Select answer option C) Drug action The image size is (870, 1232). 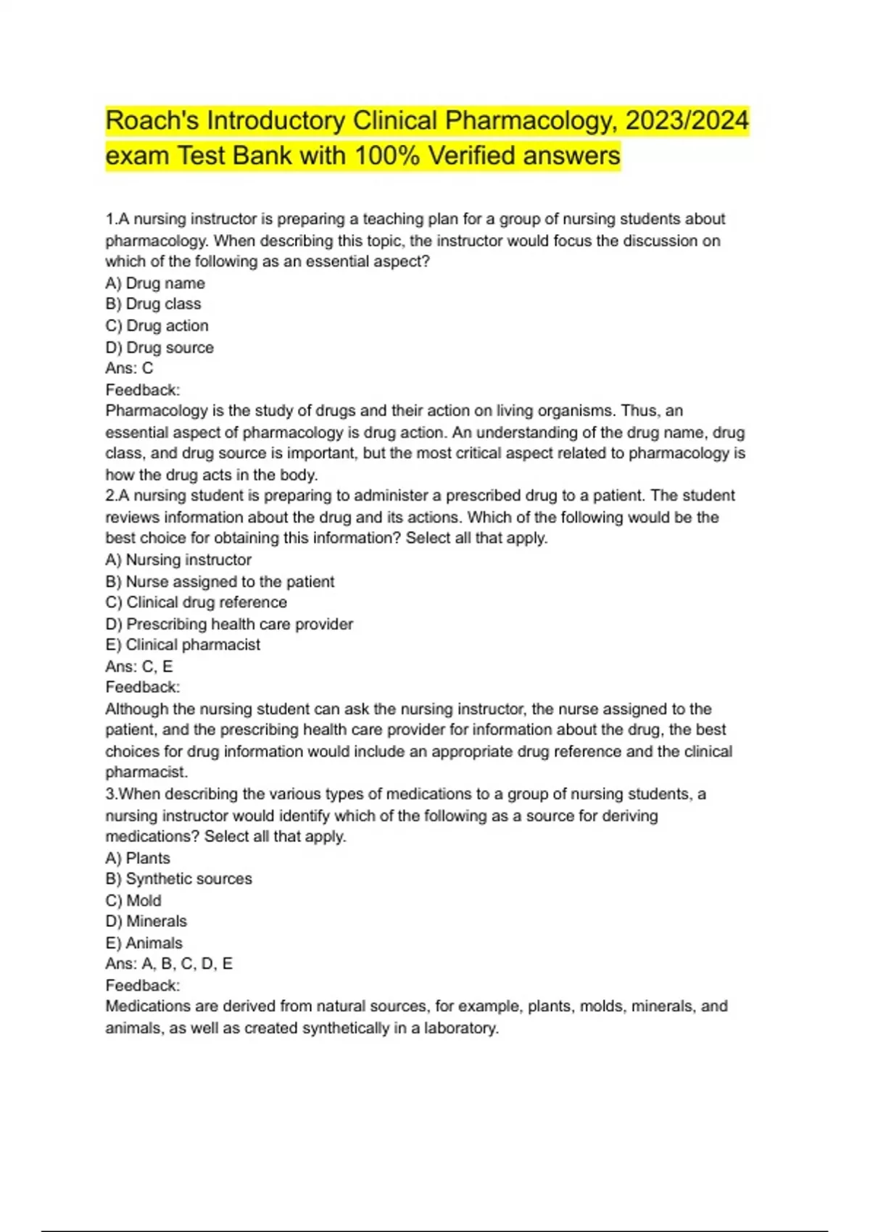coord(157,326)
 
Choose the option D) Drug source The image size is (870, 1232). coord(159,348)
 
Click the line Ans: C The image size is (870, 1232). coord(129,368)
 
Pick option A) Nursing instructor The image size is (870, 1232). coord(178,560)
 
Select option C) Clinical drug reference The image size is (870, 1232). coord(196,603)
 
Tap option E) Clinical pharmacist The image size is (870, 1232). coord(183,645)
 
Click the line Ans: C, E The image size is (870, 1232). coord(139,667)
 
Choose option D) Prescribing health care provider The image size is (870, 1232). coord(229,624)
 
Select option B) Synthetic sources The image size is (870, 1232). coord(179,879)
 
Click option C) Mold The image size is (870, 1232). coord(133,901)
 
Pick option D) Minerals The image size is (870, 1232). coord(146,922)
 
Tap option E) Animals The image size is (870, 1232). coord(144,944)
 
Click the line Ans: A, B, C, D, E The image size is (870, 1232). coord(169,964)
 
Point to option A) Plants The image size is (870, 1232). coord(138,859)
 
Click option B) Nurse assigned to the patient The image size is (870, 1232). coord(220,582)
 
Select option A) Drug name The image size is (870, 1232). coord(155,283)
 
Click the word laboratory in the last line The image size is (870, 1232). coord(461,1028)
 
